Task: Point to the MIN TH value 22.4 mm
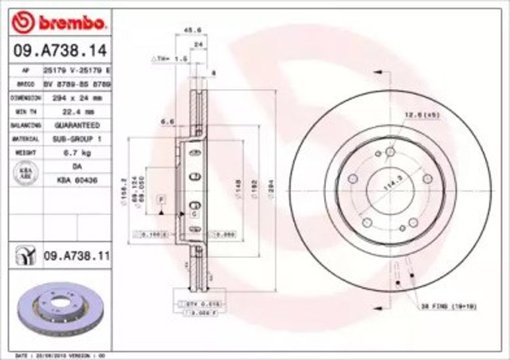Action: tap(76, 112)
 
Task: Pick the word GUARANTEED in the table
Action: tap(76, 126)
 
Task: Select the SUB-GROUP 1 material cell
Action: tap(76, 139)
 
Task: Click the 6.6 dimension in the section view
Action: tap(167, 121)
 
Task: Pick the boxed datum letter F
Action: tap(161, 196)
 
